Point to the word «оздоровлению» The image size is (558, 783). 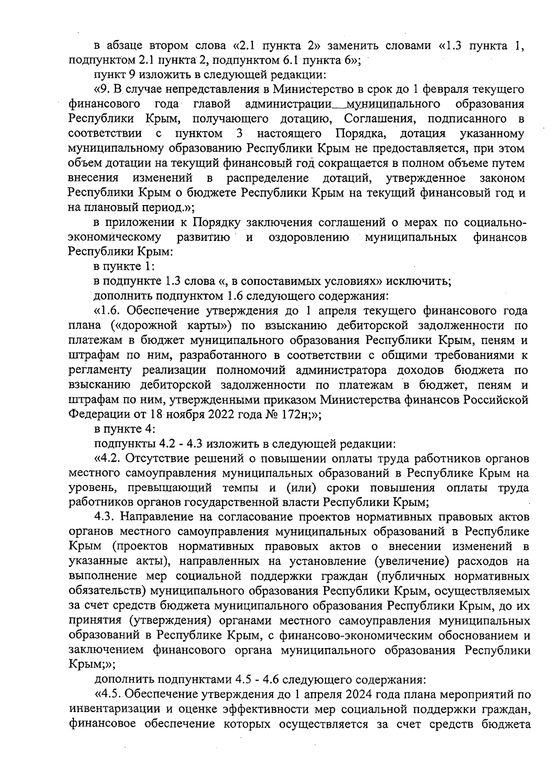pos(309,238)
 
